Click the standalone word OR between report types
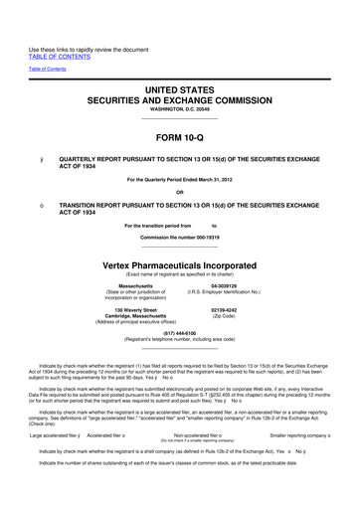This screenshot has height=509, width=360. [x=180, y=193]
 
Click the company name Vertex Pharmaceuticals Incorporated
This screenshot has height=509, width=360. [x=180, y=266]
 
